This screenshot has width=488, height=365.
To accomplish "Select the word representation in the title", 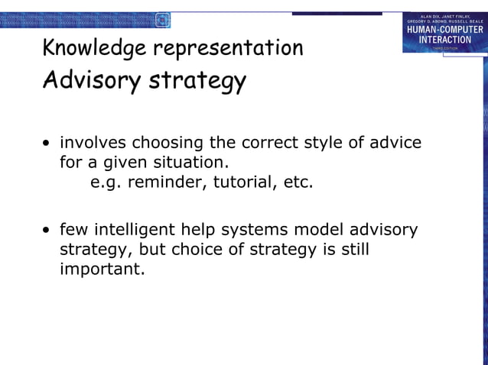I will [x=228, y=49].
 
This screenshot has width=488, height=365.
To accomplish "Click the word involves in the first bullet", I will [x=93, y=143].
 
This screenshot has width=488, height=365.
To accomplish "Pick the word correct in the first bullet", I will [x=268, y=143].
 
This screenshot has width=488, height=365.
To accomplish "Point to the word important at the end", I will [x=102, y=270].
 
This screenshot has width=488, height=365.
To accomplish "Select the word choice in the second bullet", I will [x=200, y=250].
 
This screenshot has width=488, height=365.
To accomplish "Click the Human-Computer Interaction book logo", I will [x=444, y=32].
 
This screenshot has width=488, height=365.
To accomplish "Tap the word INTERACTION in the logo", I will [x=444, y=40].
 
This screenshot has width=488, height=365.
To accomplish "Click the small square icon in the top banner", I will [x=162, y=20].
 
